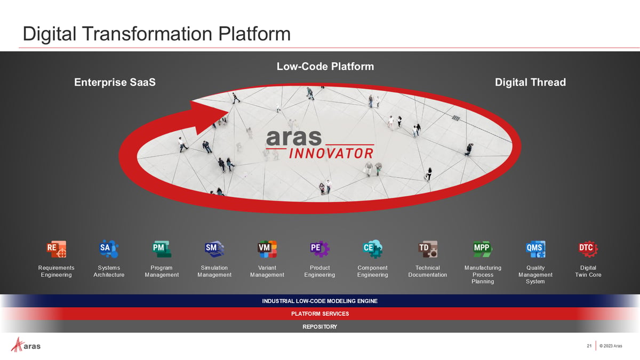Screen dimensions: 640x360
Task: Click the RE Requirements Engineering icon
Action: [57, 249]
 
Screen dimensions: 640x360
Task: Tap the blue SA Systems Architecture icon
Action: [109, 249]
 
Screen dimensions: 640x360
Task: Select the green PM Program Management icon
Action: [162, 249]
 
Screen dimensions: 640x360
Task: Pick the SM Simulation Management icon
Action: [214, 249]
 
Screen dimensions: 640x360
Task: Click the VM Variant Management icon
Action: [267, 249]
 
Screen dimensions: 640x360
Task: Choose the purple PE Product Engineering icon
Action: [319, 249]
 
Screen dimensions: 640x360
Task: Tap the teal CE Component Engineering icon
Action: [373, 249]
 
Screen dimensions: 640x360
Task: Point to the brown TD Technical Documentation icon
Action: [428, 249]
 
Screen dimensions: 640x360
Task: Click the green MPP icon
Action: [483, 249]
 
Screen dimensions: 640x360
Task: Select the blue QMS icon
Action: [535, 249]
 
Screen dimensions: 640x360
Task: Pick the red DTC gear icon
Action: [588, 249]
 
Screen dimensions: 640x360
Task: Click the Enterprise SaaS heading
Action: [115, 82]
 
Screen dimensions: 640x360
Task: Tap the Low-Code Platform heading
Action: [325, 67]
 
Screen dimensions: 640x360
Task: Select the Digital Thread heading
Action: [530, 82]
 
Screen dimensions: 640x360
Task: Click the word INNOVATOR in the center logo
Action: [331, 154]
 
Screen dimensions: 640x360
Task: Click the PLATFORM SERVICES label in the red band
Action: [320, 314]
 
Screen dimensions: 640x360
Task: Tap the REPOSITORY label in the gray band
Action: [320, 326]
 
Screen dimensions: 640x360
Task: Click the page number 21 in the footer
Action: [589, 346]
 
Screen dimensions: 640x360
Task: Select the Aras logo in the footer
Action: [26, 345]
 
